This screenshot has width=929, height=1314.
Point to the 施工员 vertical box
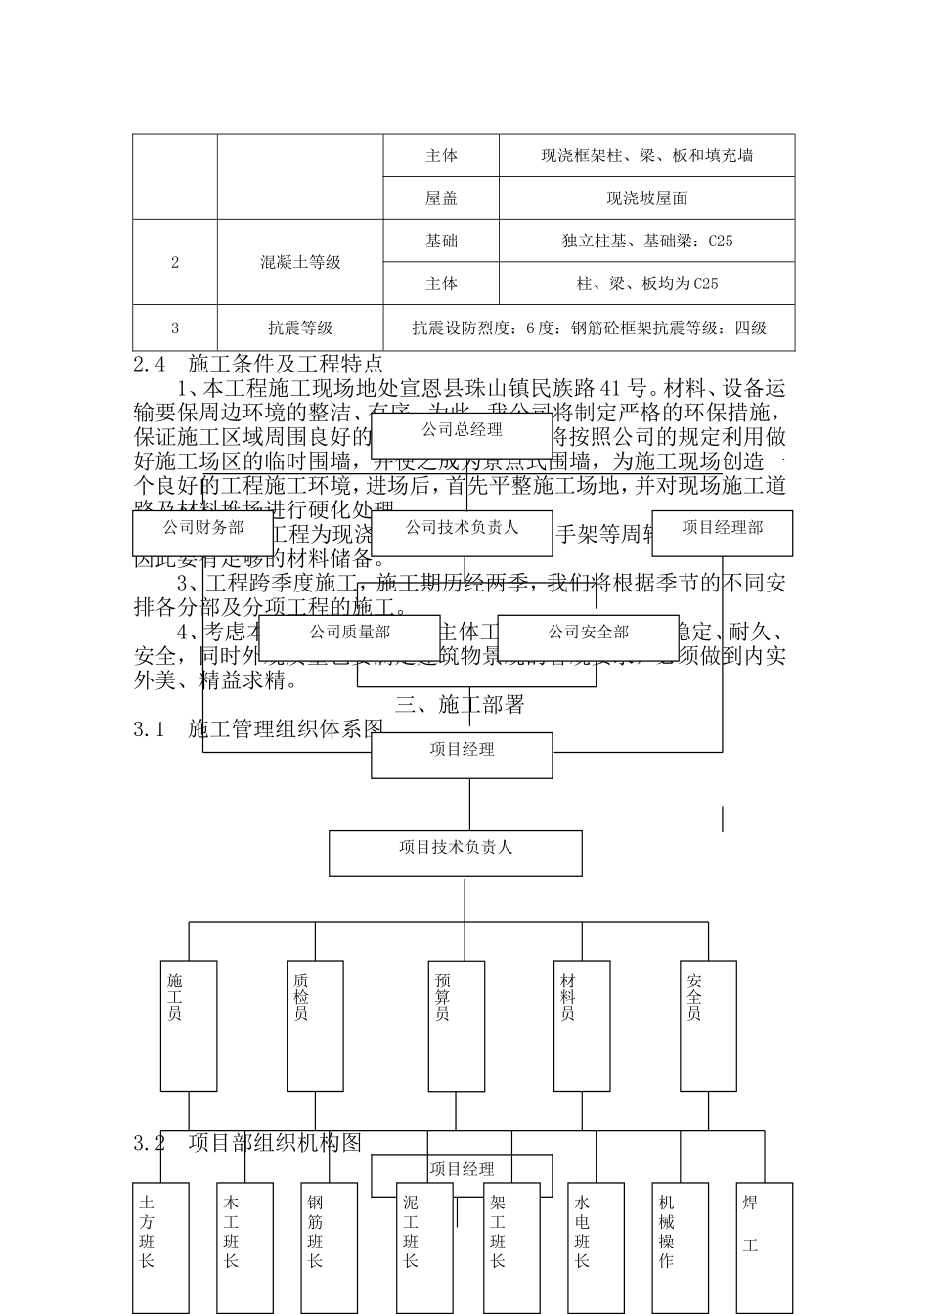(x=189, y=1026)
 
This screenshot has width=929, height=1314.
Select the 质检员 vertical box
(x=315, y=1026)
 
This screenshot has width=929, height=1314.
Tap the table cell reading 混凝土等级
(x=300, y=262)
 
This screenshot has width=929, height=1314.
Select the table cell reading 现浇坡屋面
(x=646, y=198)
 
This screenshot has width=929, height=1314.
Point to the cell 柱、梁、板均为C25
(x=646, y=284)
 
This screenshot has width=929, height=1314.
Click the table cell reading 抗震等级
(x=300, y=328)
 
